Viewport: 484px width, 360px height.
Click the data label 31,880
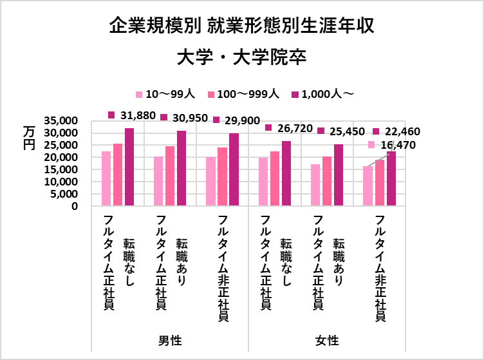click(x=137, y=115)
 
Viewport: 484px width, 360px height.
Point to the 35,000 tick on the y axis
click(x=62, y=120)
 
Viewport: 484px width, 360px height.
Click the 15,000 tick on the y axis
click(x=62, y=170)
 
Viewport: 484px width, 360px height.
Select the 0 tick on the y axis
click(x=75, y=207)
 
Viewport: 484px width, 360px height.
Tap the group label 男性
click(x=170, y=339)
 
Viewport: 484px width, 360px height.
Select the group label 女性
click(x=327, y=339)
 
